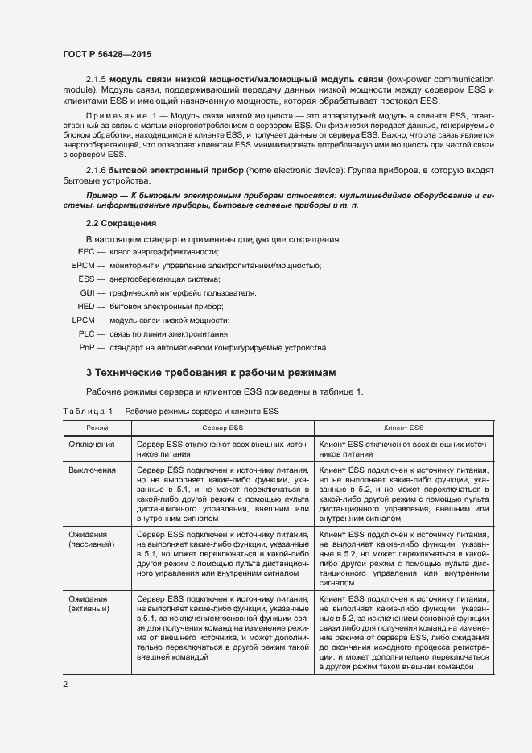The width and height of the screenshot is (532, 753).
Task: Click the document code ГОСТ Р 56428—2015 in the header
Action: [106, 53]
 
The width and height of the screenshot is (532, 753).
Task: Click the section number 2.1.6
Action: [96, 172]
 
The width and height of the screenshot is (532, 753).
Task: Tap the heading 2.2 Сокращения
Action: [121, 222]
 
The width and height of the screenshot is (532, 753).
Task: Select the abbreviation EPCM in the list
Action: [83, 265]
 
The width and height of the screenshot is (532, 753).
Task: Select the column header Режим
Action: [97, 428]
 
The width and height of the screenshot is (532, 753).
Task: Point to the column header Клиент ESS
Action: [404, 428]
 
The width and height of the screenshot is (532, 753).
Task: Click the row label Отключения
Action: [91, 444]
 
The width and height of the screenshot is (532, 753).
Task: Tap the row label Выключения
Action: [92, 470]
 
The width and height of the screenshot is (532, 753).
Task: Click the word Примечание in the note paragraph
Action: [113, 117]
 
